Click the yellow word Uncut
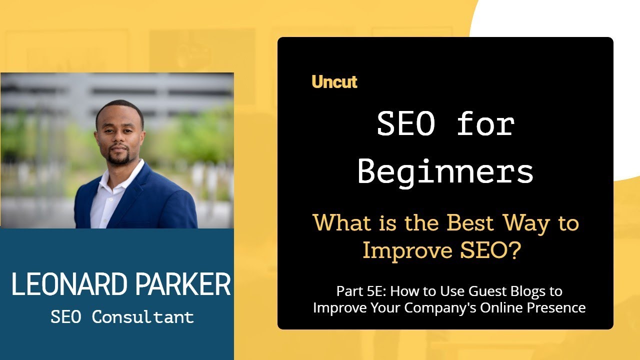(x=334, y=81)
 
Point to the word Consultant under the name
(x=142, y=316)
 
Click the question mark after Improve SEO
(x=514, y=250)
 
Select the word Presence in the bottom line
(x=557, y=307)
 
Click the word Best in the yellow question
(x=469, y=223)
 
